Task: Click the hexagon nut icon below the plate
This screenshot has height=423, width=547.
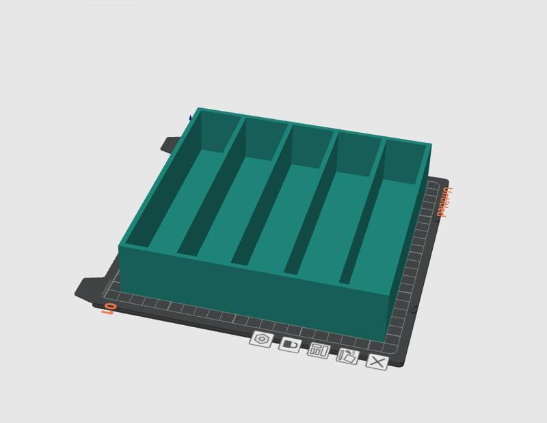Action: point(261,339)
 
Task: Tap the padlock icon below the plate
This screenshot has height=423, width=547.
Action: point(290,344)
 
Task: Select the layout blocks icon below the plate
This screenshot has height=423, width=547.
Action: point(319,350)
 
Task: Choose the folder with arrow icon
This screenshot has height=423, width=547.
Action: point(347,356)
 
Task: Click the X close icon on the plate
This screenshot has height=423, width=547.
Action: point(377,362)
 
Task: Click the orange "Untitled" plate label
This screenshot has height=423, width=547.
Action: point(444,202)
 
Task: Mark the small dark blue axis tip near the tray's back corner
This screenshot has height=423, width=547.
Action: point(190,118)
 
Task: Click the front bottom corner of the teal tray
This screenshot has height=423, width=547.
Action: point(388,339)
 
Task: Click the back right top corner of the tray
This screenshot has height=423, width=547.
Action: point(430,144)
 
